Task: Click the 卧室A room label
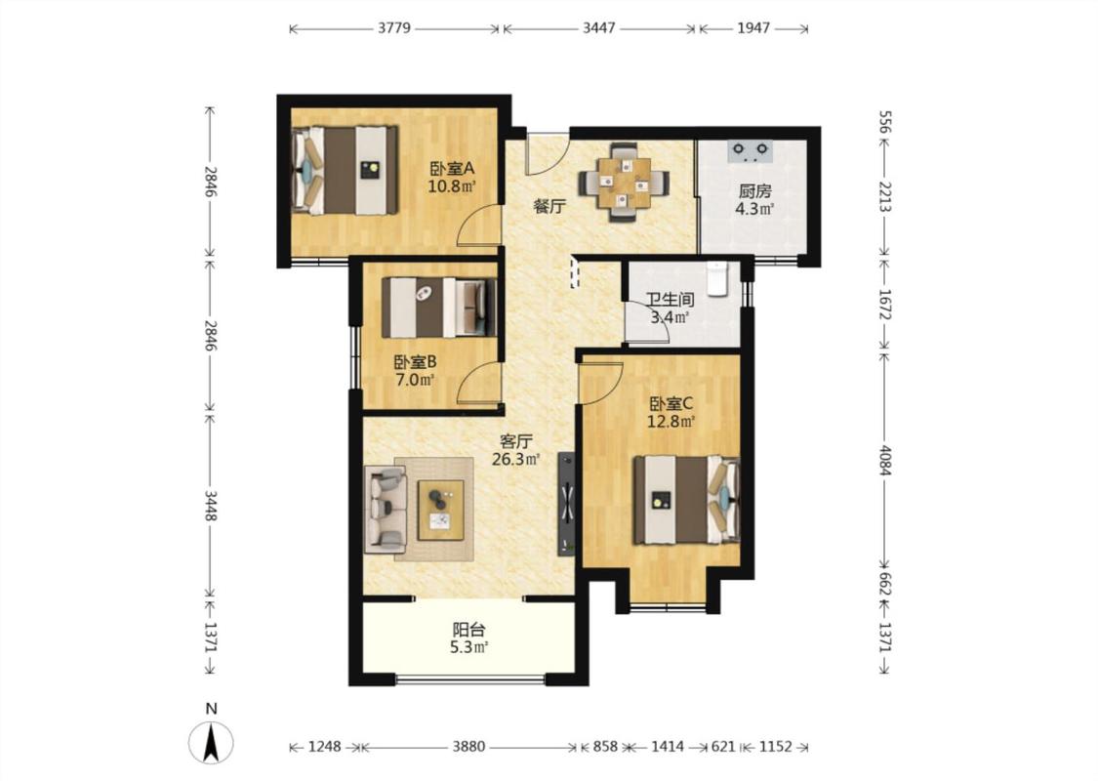tap(452, 169)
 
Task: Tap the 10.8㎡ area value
tap(452, 186)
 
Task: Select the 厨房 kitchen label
tap(754, 190)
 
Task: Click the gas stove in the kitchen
tap(750, 151)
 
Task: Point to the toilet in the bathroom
tap(718, 279)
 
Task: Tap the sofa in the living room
tap(386, 510)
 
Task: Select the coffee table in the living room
tap(440, 510)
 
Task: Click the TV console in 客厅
tap(566, 505)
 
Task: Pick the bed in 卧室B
tap(439, 308)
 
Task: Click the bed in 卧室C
tap(687, 500)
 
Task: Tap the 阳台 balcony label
tap(469, 630)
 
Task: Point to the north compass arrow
tap(211, 741)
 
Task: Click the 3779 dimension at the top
tap(394, 28)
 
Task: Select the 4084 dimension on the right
tap(884, 460)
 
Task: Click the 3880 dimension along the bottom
tap(468, 747)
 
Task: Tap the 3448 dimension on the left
tap(211, 505)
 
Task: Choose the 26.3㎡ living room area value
tap(516, 460)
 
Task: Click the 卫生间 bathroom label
tap(671, 301)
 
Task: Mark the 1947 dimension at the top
tap(753, 28)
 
